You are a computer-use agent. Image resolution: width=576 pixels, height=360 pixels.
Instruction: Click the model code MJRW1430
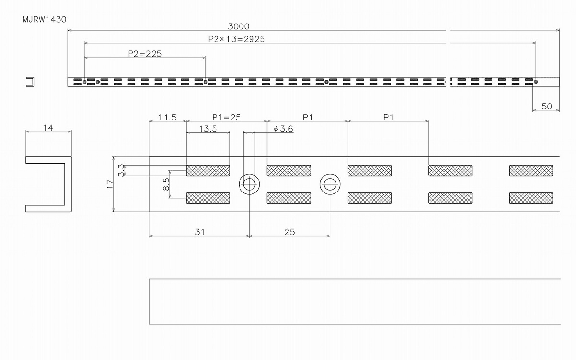tap(45, 20)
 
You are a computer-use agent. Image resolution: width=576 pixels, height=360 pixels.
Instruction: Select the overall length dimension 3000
tap(239, 26)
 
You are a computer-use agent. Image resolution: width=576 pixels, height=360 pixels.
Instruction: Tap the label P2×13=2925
tap(236, 39)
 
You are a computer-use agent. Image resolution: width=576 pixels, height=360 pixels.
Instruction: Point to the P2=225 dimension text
tap(145, 54)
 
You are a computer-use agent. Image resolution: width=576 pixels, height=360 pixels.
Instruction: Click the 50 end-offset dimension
tap(547, 107)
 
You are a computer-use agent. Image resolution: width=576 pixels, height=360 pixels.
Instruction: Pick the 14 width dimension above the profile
tap(48, 128)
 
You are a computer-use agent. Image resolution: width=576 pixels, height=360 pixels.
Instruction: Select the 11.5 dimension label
tap(168, 118)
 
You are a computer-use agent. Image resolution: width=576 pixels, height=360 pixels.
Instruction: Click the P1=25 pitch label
tap(227, 118)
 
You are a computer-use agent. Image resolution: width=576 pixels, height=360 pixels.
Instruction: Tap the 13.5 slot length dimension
tap(208, 129)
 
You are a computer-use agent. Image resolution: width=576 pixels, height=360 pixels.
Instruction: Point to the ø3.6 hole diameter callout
tap(283, 129)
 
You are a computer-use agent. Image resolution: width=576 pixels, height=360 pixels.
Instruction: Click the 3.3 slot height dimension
tap(121, 170)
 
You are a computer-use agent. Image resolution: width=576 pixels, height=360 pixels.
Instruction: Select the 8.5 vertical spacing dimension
tap(166, 184)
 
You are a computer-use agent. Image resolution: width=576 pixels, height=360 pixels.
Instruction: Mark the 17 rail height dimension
tap(110, 184)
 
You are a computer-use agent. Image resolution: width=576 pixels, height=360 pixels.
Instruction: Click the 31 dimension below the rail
tap(200, 232)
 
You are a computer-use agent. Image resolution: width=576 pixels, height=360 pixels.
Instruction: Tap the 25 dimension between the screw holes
tap(290, 232)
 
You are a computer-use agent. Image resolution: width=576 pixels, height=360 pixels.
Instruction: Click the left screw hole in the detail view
tap(249, 184)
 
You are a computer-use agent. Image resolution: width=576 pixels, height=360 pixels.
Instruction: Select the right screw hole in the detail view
tap(330, 184)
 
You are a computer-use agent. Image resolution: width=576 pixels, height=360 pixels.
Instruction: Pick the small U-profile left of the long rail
tap(33, 82)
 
